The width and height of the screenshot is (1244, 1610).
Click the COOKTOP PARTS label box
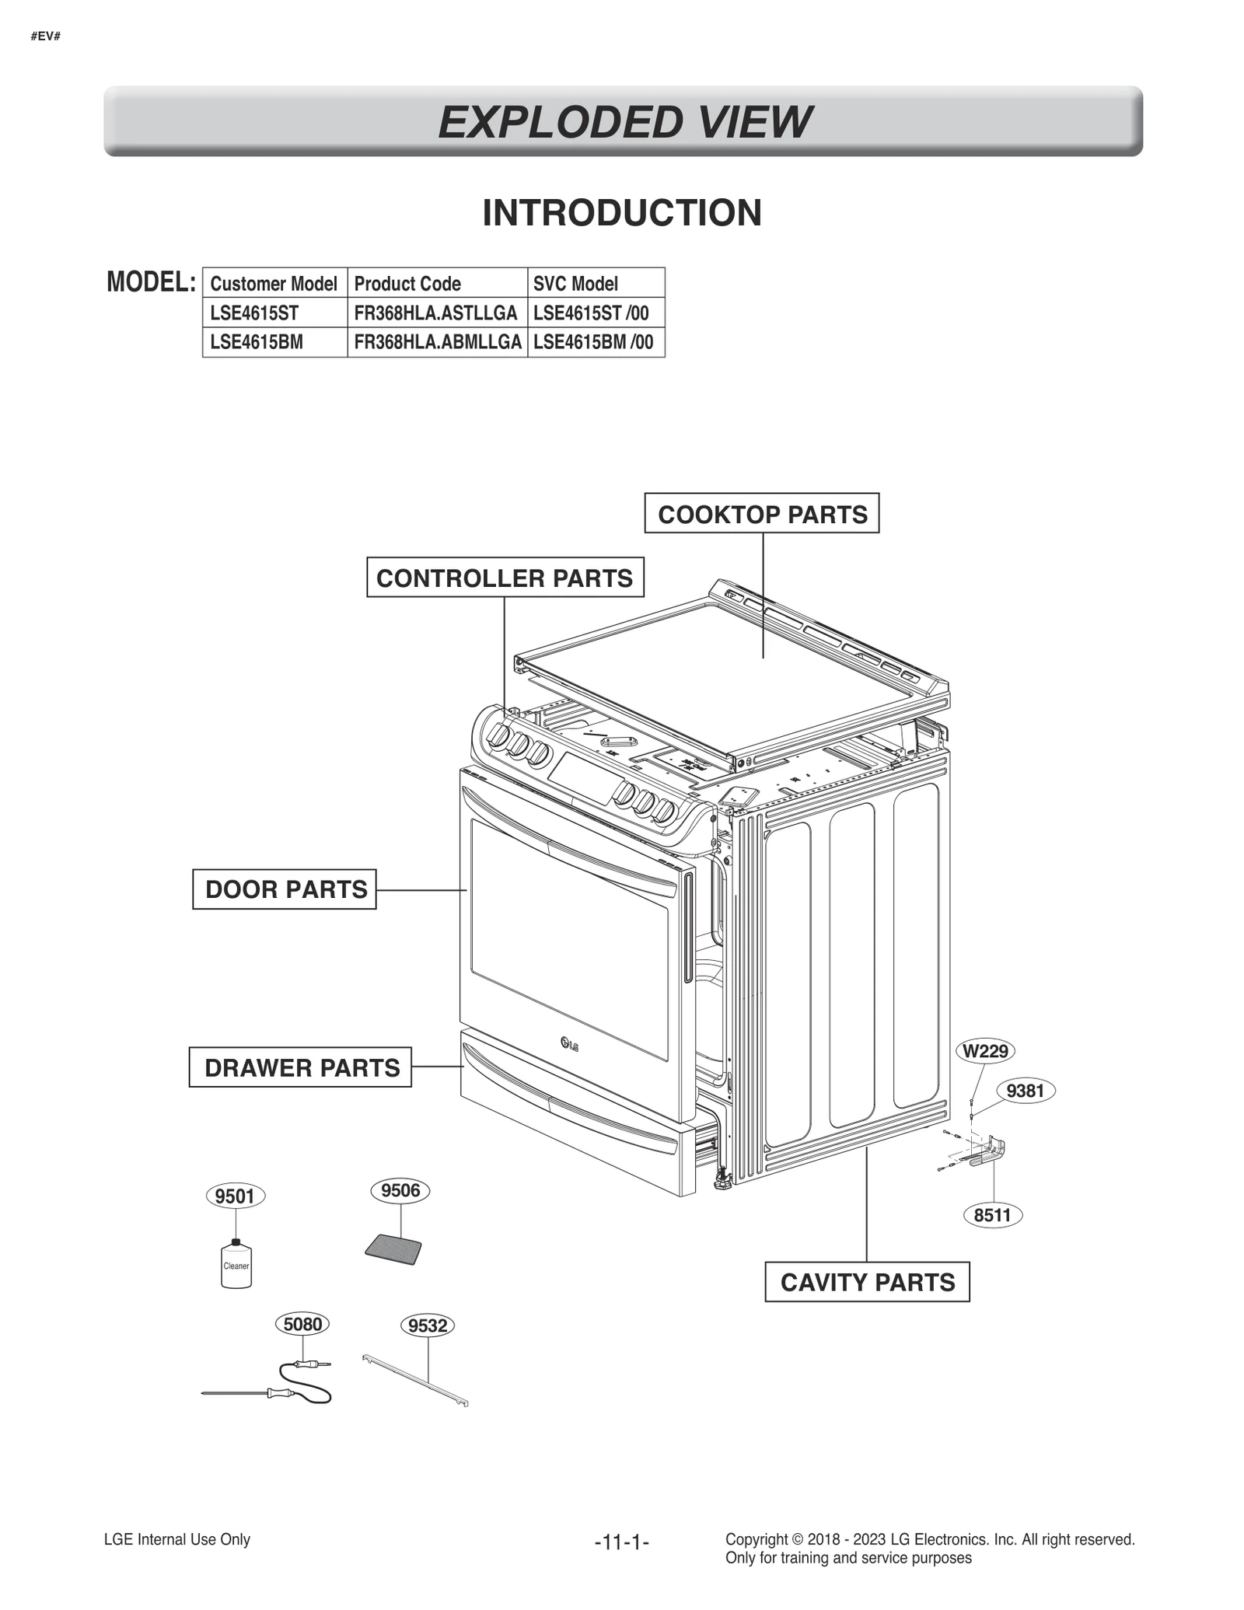[x=761, y=513]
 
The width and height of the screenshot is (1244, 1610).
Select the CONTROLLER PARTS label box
[x=505, y=577]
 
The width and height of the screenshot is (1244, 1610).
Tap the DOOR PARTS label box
[x=285, y=889]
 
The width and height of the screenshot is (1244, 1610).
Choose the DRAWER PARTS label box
[x=300, y=1067]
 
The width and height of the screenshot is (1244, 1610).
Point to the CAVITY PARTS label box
[x=867, y=1281]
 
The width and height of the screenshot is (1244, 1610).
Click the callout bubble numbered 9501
[x=235, y=1196]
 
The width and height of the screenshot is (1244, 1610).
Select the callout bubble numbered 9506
[x=400, y=1190]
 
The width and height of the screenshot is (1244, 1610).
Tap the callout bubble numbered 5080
[x=302, y=1323]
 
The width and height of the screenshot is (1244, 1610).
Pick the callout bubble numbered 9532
[x=428, y=1325]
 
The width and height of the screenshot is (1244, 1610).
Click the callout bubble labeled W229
[x=985, y=1051]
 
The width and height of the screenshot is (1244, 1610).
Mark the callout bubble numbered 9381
[x=1025, y=1091]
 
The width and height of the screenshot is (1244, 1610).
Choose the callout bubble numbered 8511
[x=992, y=1215]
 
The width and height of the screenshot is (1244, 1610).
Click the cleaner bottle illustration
[x=236, y=1263]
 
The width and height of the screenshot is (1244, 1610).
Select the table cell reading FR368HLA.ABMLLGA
[x=437, y=342]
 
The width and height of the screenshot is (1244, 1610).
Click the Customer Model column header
[x=274, y=283]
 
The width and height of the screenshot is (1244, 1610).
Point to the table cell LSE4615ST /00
[x=591, y=313]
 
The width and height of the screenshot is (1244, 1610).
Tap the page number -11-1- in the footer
[x=621, y=1542]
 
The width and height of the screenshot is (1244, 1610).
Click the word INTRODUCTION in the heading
[x=622, y=213]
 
